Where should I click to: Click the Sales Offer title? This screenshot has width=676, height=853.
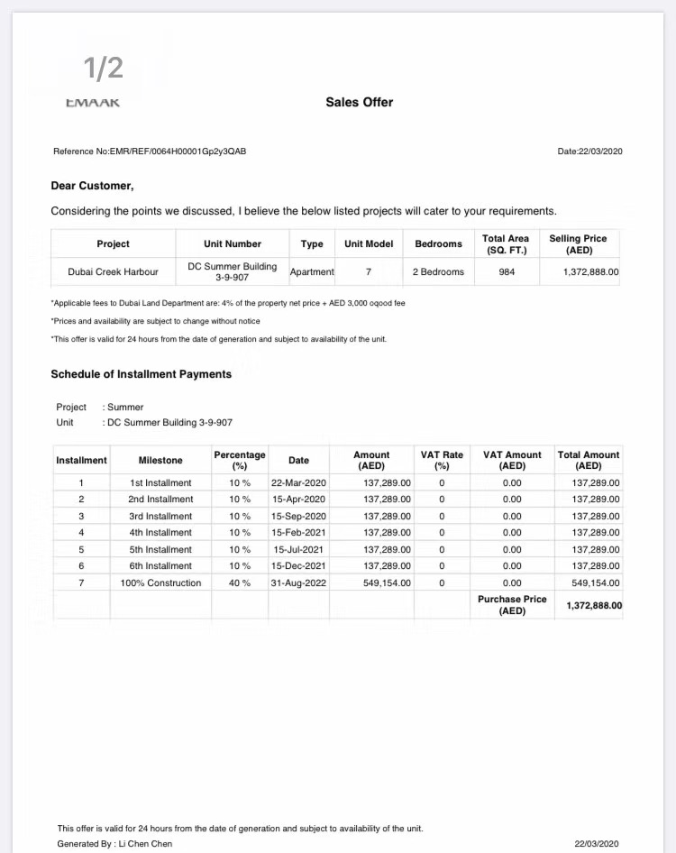click(x=359, y=103)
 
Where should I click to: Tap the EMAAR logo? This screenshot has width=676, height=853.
click(x=94, y=103)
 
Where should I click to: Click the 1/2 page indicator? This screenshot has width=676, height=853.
click(x=103, y=68)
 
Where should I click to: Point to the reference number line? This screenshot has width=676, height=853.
click(x=150, y=151)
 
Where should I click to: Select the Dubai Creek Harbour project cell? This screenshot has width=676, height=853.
click(x=113, y=271)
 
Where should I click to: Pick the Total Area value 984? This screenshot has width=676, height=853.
click(x=507, y=271)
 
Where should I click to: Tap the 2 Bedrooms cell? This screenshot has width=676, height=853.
click(x=438, y=271)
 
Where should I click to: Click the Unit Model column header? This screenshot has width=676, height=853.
click(x=369, y=243)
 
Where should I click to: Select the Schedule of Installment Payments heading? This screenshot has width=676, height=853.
click(x=141, y=374)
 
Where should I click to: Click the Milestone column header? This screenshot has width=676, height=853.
click(x=160, y=460)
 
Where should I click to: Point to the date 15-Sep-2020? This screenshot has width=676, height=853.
click(x=298, y=517)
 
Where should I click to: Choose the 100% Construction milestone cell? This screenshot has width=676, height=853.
click(x=160, y=583)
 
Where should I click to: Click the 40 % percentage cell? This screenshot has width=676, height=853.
click(x=239, y=583)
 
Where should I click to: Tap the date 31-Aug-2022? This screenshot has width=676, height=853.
click(x=298, y=583)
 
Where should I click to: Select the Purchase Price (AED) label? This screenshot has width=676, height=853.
click(x=512, y=605)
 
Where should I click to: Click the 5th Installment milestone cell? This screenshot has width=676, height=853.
click(x=160, y=549)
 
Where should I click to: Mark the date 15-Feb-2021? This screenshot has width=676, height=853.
click(x=298, y=533)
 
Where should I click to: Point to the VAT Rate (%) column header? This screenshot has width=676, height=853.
click(x=442, y=460)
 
